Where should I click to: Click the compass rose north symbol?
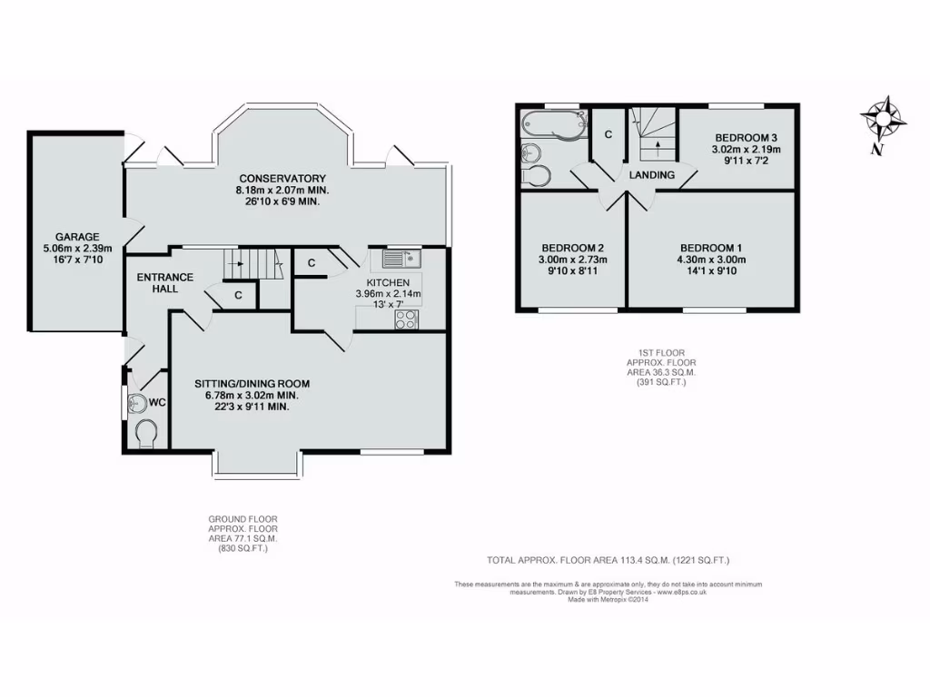pyautogui.click(x=883, y=119)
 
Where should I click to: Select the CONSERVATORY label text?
pyautogui.click(x=282, y=178)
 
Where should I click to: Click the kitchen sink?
pyautogui.click(x=400, y=260)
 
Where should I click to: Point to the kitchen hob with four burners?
pyautogui.click(x=406, y=319)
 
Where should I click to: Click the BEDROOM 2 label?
pyautogui.click(x=573, y=248)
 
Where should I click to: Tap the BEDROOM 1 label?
pyautogui.click(x=713, y=248)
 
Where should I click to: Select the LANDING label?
pyautogui.click(x=652, y=175)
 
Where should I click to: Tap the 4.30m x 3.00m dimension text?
pyautogui.click(x=713, y=260)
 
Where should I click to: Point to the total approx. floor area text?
pyautogui.click(x=608, y=561)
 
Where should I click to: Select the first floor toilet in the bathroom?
pyautogui.click(x=536, y=174)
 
